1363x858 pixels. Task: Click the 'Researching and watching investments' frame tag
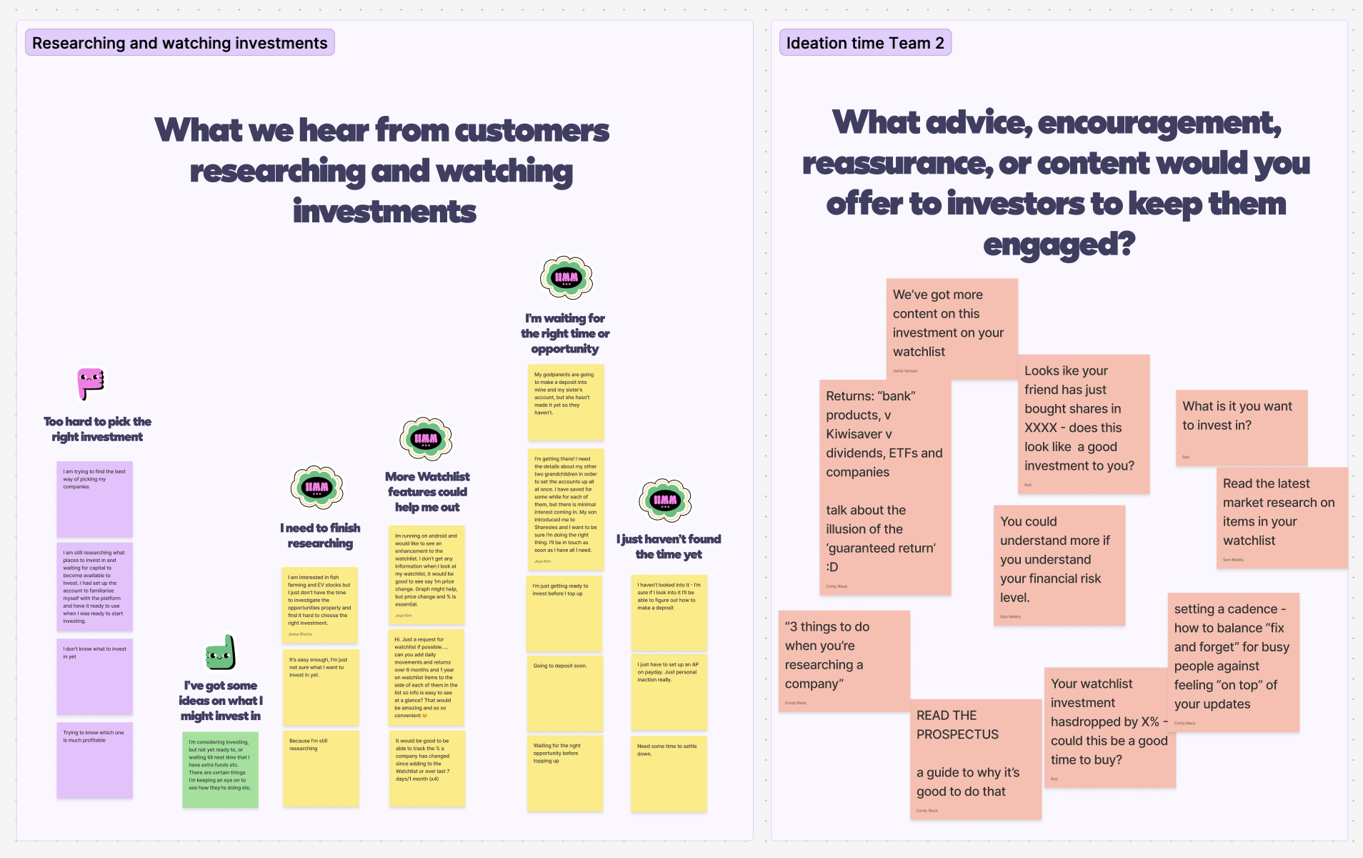tap(179, 43)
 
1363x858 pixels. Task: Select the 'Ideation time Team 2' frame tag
tap(864, 43)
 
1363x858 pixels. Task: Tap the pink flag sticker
tap(91, 384)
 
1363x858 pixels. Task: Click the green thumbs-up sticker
tap(221, 652)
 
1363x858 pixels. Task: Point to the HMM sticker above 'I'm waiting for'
tap(566, 277)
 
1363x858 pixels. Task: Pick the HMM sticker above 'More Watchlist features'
tap(426, 438)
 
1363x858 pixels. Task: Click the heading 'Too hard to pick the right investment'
tap(97, 429)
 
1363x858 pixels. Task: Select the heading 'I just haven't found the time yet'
tap(669, 546)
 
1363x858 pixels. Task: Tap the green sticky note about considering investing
tap(220, 769)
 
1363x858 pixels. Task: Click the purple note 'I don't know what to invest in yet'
tap(94, 676)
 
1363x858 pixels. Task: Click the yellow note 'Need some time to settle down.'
tap(669, 774)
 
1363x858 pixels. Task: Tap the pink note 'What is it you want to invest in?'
tap(1241, 428)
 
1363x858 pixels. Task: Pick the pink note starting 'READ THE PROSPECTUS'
tap(975, 759)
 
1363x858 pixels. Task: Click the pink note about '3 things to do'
tap(844, 661)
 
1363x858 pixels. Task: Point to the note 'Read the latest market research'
tap(1282, 518)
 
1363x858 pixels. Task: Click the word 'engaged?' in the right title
tap(1059, 245)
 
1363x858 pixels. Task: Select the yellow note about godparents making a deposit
tap(566, 403)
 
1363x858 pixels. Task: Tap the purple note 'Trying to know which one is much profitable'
tap(94, 760)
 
